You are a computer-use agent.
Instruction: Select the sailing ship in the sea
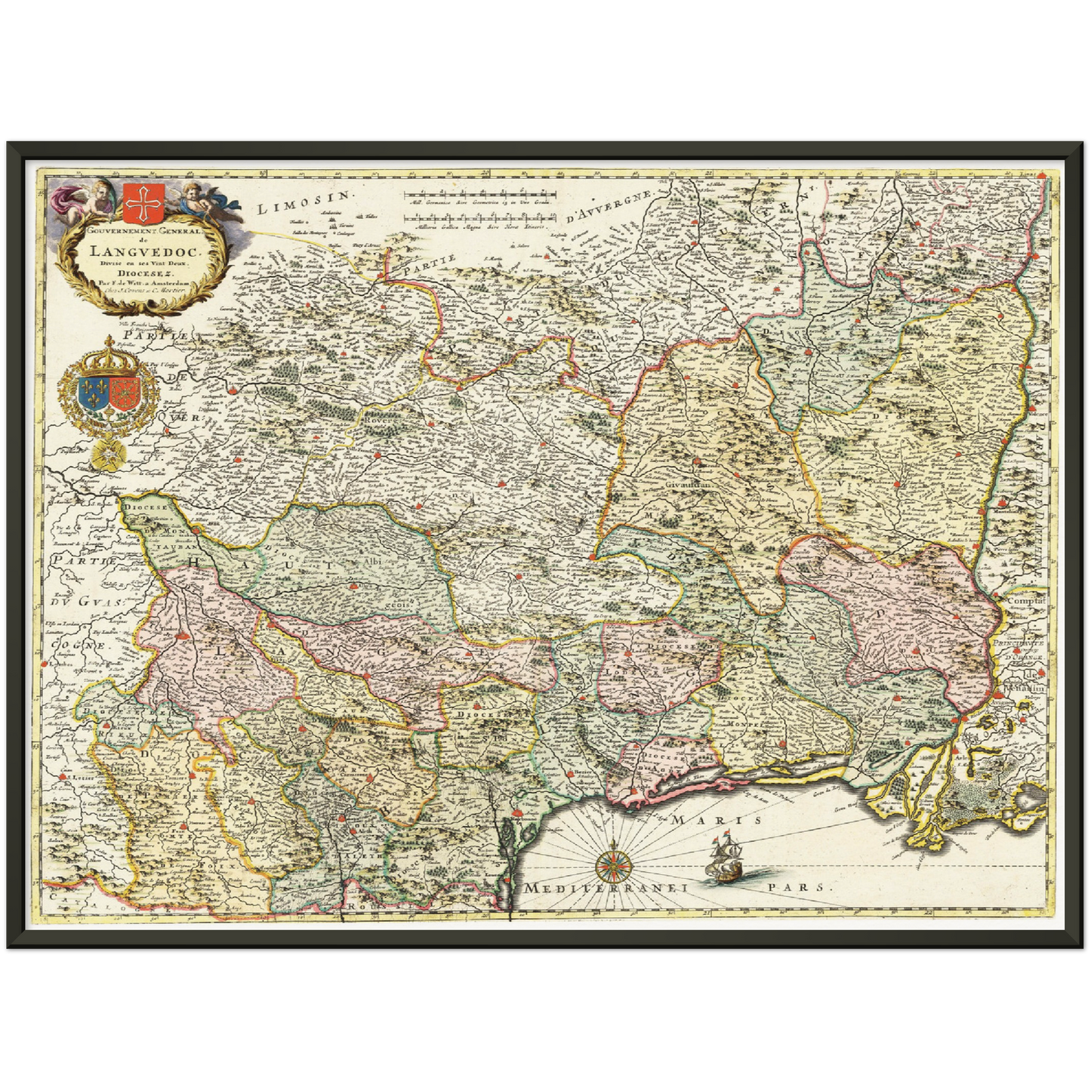pos(724,859)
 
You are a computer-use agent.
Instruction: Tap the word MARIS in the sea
pos(717,819)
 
